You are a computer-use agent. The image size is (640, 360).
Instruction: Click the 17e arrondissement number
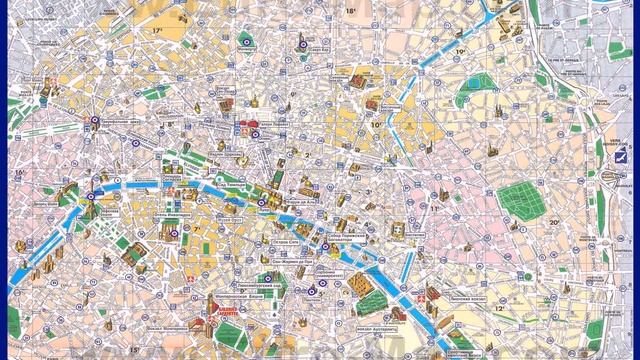click(157, 31)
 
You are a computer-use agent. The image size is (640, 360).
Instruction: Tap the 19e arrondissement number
click(461, 51)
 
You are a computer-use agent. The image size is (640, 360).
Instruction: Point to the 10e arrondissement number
click(375, 125)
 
